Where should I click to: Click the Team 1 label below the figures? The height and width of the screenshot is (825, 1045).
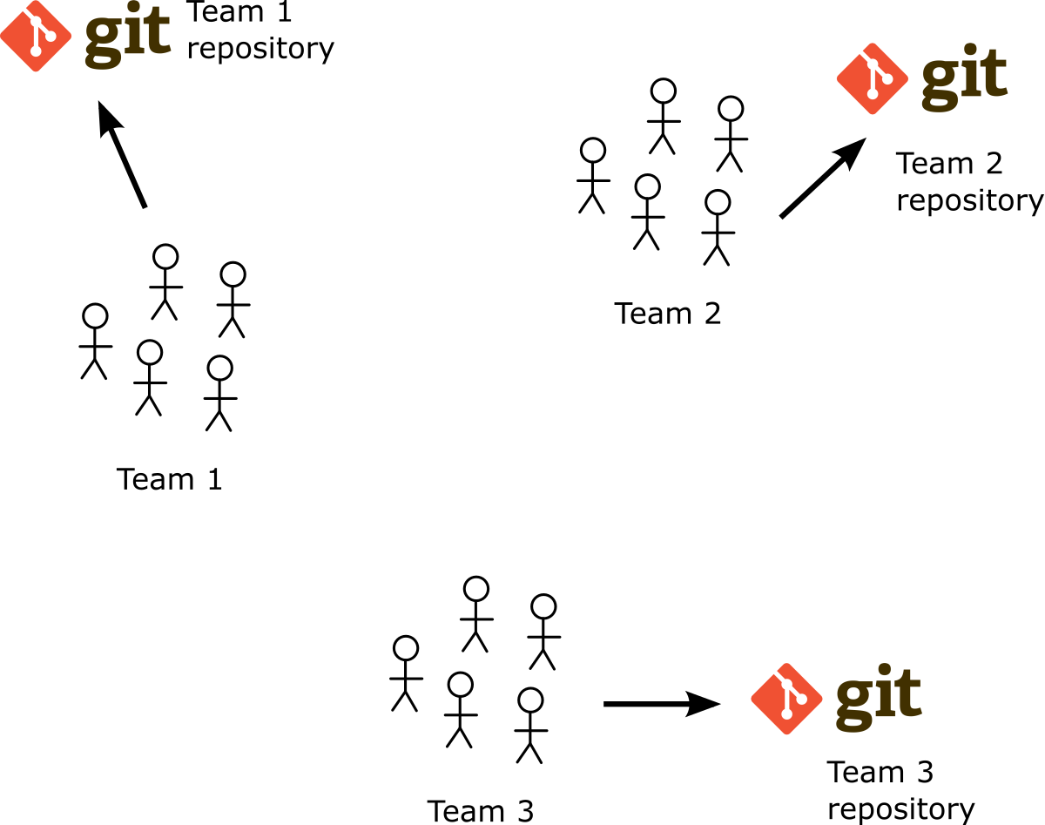170,479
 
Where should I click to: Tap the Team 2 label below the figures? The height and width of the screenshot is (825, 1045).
668,313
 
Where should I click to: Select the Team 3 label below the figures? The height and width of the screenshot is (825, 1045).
480,810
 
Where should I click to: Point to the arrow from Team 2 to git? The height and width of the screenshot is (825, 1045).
822,179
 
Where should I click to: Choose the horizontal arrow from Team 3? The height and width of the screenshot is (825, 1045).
662,703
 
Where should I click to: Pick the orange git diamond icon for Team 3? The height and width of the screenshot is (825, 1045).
787,698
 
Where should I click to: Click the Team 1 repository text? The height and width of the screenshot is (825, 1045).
260,30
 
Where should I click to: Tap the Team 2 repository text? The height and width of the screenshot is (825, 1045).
968,181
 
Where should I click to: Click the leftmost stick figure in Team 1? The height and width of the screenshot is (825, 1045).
94,341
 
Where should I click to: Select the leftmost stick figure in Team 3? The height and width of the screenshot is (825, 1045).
405,673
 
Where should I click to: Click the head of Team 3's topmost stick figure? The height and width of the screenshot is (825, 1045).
475,589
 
